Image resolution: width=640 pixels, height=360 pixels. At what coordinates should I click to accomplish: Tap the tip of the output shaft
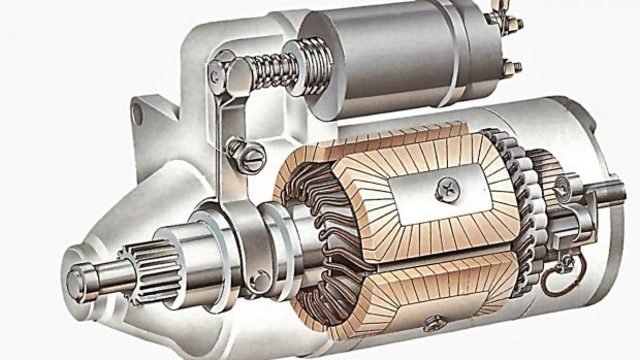[78, 273]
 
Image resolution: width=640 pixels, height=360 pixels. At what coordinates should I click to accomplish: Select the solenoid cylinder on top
[390, 50]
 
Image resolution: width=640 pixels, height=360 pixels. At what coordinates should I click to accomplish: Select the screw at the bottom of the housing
[434, 322]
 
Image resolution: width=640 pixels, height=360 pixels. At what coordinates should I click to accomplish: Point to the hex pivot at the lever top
[222, 73]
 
